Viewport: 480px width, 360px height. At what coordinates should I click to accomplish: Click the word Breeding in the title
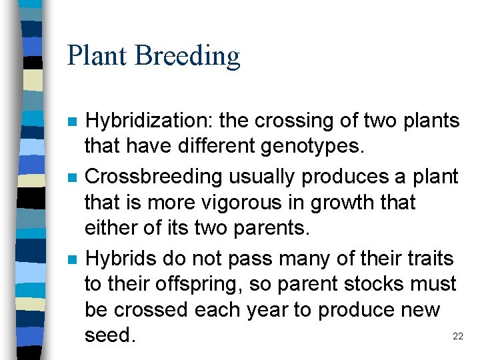point(187,56)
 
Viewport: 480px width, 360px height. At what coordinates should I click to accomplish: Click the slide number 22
point(457,337)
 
